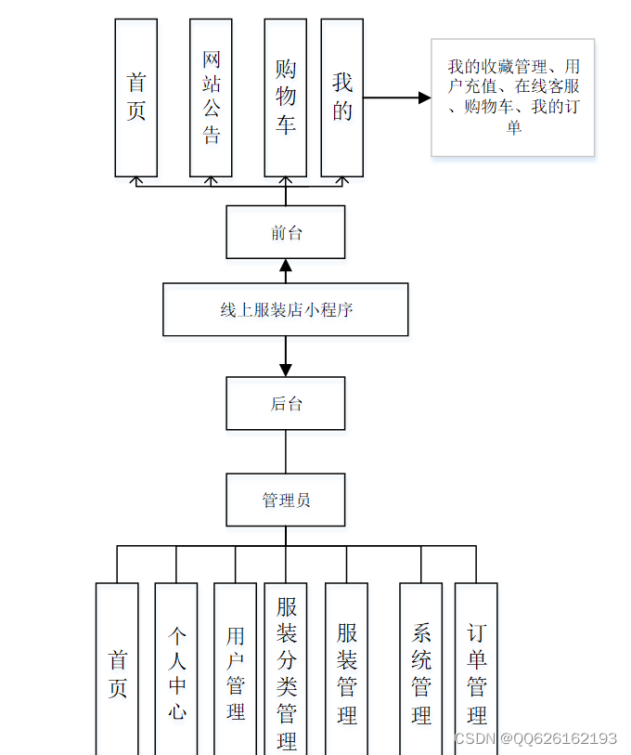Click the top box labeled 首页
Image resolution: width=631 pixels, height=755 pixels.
point(135,98)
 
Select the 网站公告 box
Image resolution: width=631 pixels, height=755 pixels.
point(211,98)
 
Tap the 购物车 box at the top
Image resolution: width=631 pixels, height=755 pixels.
point(285,98)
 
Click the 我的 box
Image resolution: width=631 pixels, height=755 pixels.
point(341,98)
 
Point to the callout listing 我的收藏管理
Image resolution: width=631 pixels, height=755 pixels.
point(512,97)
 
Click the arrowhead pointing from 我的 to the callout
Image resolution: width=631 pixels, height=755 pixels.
point(424,98)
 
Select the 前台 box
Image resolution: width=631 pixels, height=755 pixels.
point(286,232)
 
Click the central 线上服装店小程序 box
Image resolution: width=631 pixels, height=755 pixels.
point(286,309)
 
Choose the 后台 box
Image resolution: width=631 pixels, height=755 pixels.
point(286,403)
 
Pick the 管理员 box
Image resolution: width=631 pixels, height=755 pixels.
point(286,500)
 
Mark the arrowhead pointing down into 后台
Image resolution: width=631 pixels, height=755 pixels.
point(286,369)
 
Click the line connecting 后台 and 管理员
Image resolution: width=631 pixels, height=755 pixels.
point(286,451)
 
